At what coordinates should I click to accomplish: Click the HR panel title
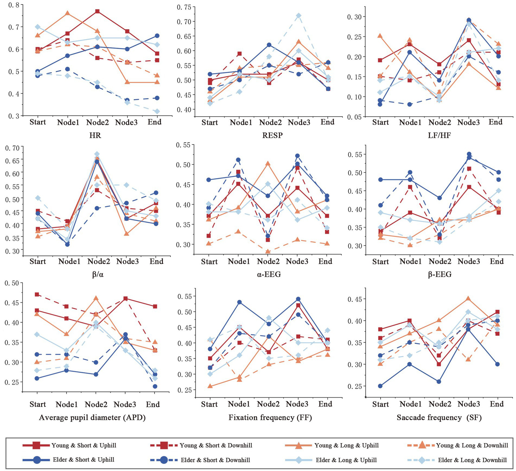95,135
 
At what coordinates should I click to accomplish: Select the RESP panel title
272,135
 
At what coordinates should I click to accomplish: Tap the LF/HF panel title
439,135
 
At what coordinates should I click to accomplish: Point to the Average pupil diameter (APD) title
92,418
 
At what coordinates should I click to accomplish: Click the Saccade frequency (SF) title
439,418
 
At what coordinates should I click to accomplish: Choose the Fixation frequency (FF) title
270,418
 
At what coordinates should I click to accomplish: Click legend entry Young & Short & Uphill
84,445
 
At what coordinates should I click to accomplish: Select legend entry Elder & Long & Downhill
472,460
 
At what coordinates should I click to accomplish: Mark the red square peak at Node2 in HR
97,11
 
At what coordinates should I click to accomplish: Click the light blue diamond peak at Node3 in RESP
299,16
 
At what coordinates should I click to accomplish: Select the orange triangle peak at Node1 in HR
68,13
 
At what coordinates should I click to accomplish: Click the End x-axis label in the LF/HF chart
495,122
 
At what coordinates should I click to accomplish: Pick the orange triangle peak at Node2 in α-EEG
268,163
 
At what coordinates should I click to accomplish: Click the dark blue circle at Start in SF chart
380,386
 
